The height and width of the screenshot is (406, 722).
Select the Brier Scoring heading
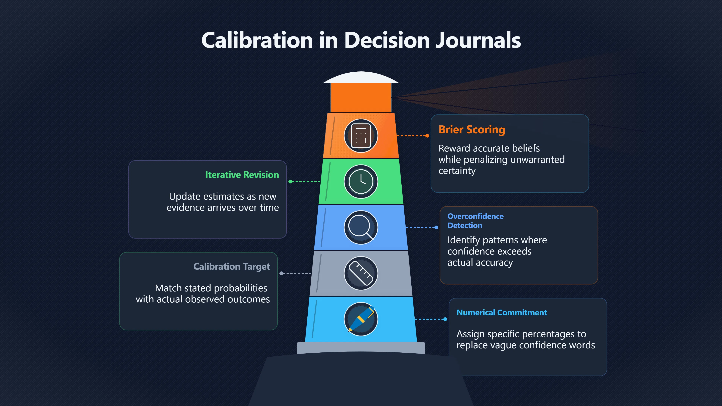click(x=472, y=130)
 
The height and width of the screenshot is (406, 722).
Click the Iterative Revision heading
click(x=242, y=175)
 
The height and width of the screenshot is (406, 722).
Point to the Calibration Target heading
click(x=232, y=267)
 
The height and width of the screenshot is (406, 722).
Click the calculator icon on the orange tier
click(x=361, y=136)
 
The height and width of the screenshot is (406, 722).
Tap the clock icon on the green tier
click(x=361, y=182)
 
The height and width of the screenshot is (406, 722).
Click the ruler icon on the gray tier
click(x=361, y=273)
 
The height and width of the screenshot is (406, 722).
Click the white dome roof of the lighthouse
click(x=361, y=77)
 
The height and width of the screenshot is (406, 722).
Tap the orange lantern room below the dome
click(x=361, y=98)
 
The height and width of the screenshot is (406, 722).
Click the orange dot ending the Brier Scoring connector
click(x=427, y=136)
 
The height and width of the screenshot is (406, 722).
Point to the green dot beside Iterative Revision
click(x=290, y=182)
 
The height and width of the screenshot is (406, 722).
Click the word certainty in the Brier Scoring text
click(x=457, y=171)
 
